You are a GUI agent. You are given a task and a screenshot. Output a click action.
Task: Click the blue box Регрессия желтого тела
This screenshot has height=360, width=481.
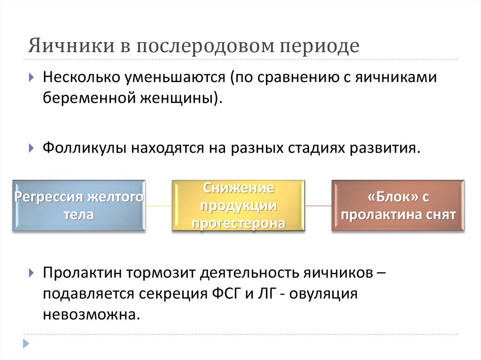click(x=78, y=206)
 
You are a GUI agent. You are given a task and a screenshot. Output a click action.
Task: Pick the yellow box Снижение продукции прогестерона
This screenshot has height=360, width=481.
click(x=238, y=206)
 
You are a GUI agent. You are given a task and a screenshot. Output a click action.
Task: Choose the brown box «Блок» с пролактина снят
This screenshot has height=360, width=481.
click(x=398, y=206)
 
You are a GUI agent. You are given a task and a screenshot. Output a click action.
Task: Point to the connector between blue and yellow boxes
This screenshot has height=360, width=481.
click(x=159, y=206)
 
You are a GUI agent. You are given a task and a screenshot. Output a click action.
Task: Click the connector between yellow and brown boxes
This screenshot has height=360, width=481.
click(x=318, y=206)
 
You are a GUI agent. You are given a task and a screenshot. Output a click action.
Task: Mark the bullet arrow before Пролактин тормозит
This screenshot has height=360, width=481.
click(x=31, y=272)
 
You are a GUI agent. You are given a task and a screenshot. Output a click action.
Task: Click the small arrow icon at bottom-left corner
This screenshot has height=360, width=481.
click(x=26, y=343)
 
